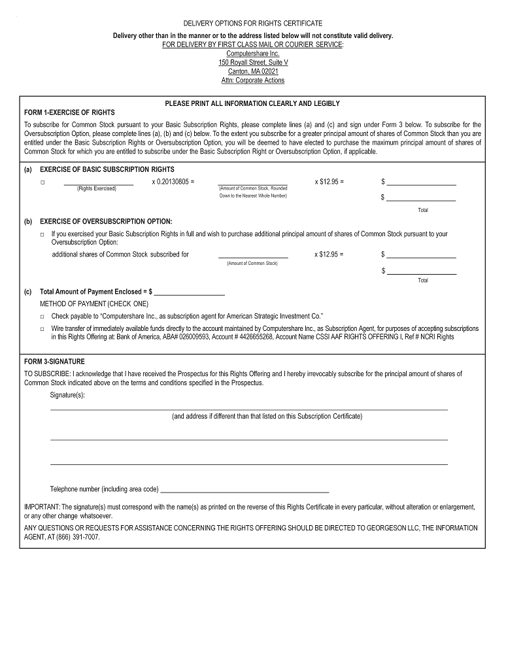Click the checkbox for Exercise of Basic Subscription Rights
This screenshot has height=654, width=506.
tap(42, 182)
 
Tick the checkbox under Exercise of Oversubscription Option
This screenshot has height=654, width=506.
tap(42, 233)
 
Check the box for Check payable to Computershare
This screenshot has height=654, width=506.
tap(42, 316)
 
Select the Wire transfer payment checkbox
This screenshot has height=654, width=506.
tap(42, 329)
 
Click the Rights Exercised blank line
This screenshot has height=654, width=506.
tap(98, 183)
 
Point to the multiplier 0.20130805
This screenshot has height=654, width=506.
tap(173, 181)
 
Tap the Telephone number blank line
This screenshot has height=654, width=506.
tap(245, 490)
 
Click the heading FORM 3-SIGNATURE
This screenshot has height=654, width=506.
tap(54, 361)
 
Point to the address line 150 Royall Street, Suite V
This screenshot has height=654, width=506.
tap(253, 62)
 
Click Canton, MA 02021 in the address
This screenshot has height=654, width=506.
tap(253, 71)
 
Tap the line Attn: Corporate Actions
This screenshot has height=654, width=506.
tap(253, 80)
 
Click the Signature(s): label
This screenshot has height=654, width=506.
tap(67, 395)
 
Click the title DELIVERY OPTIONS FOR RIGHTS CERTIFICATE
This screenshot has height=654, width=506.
tap(253, 23)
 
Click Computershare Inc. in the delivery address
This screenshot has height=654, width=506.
tap(253, 53)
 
